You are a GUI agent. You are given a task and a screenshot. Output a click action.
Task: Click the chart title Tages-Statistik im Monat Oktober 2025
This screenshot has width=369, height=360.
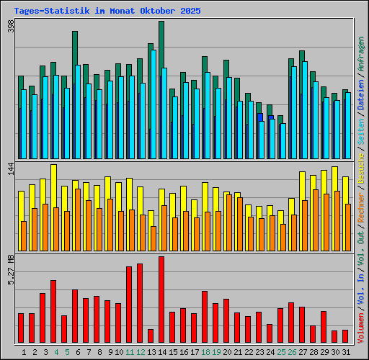107,12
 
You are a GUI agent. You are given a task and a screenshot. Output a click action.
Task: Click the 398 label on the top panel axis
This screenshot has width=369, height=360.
11,27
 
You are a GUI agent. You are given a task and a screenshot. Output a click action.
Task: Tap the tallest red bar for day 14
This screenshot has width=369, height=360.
161,300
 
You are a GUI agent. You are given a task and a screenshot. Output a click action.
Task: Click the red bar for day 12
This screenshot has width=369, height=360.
140,303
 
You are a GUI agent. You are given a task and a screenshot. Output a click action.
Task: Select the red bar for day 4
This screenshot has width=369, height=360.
53,311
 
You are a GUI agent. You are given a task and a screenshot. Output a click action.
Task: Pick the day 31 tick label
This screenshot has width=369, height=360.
346,351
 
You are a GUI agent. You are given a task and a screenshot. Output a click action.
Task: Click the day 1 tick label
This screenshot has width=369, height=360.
24,351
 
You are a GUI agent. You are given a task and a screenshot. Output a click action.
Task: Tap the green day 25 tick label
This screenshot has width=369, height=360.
280,351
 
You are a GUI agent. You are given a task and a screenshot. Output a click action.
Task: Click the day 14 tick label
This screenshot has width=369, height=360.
161,351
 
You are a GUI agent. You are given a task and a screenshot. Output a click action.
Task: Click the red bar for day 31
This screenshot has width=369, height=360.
345,336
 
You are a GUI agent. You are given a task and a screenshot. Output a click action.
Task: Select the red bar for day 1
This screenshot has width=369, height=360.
21,328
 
